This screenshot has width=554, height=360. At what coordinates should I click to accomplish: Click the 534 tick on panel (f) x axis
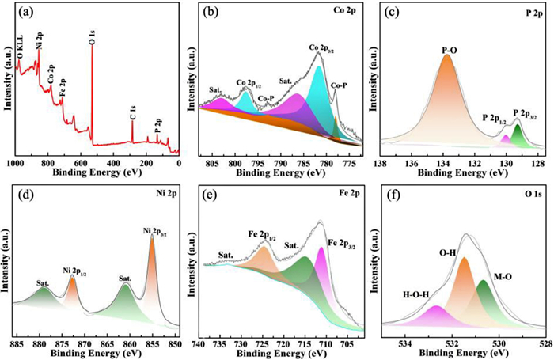(405, 345)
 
